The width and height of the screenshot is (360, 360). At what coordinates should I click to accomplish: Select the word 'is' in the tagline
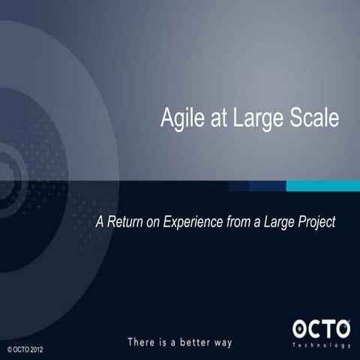165,342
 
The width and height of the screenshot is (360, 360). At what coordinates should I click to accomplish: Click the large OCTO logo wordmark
321,329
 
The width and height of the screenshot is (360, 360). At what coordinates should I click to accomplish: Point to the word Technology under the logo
322,345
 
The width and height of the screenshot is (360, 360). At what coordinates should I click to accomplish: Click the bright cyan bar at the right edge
323,185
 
